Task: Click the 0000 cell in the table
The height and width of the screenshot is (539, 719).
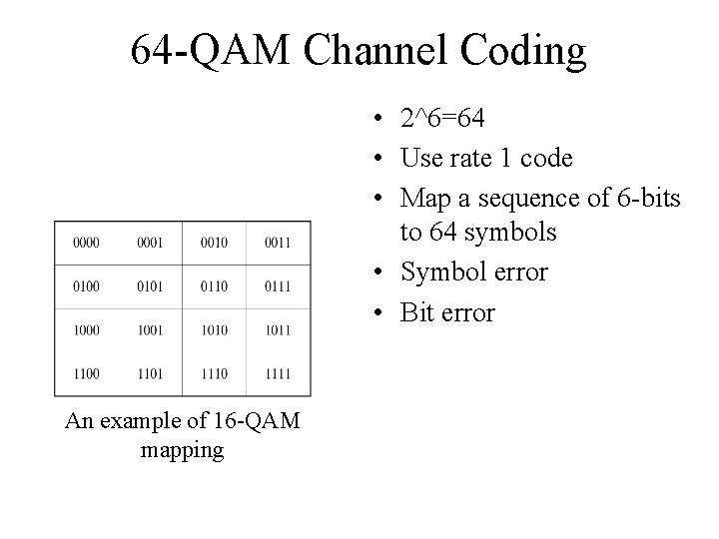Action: coord(86,243)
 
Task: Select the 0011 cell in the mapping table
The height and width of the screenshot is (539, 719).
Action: coord(279,243)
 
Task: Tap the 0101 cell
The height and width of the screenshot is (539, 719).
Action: coord(150,286)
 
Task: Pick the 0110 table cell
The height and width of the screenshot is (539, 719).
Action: coord(213,286)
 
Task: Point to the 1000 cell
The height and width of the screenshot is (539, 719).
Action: coord(86,329)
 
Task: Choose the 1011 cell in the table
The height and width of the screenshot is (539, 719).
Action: coord(279,329)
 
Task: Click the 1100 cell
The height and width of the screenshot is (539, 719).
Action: coord(86,373)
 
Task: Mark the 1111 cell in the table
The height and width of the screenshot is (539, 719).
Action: coord(279,373)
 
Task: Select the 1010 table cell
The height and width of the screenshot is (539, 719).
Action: coord(213,329)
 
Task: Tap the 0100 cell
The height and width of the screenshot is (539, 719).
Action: coord(86,286)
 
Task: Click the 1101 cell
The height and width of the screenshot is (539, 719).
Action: coord(150,373)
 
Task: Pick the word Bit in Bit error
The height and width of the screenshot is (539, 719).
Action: coord(417,312)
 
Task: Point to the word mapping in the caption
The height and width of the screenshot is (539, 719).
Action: coord(183,449)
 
